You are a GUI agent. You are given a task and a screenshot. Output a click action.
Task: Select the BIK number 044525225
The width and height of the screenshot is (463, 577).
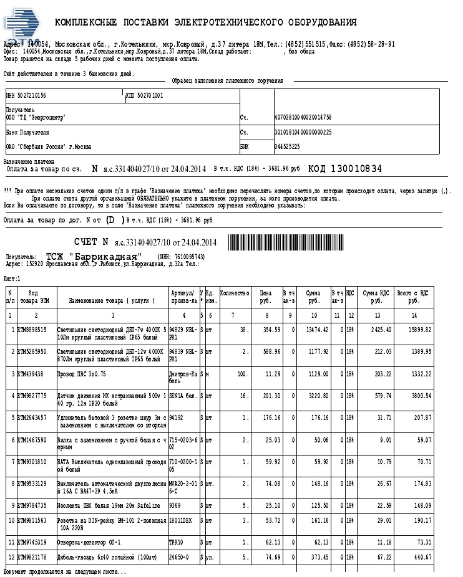(288, 146)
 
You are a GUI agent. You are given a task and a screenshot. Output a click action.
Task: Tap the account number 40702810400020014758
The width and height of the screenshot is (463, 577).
(303, 117)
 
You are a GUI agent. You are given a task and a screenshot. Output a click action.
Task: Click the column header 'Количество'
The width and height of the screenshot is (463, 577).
(235, 293)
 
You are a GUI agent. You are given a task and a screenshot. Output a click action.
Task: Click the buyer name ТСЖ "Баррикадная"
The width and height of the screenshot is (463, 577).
(94, 257)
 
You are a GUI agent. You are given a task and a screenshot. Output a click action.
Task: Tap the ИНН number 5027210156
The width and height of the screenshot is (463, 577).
(27, 95)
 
